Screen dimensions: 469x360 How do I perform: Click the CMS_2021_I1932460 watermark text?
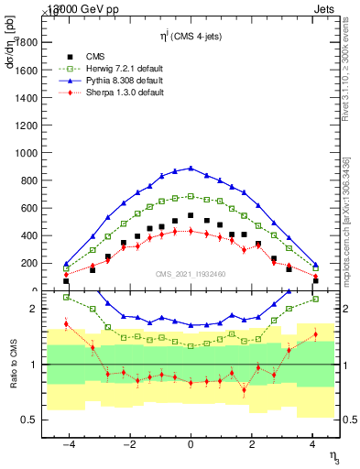point(191,274)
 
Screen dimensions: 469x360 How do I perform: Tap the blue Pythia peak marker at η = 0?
point(191,168)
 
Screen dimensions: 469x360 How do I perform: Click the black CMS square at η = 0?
point(191,215)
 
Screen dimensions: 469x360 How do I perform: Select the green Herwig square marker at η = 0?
point(191,196)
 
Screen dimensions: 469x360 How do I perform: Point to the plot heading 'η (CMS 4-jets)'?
point(190,36)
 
